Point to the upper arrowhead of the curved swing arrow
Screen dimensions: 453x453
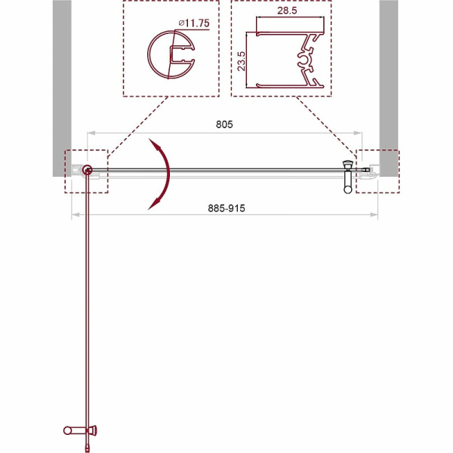point(153,143)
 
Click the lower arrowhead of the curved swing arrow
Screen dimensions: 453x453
point(154,202)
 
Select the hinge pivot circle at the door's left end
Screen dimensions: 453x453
point(88,171)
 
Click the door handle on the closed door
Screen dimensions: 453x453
point(348,177)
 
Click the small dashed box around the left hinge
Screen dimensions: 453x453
point(88,171)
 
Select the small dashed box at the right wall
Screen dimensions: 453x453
point(378,171)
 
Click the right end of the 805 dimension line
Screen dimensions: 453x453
point(362,132)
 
